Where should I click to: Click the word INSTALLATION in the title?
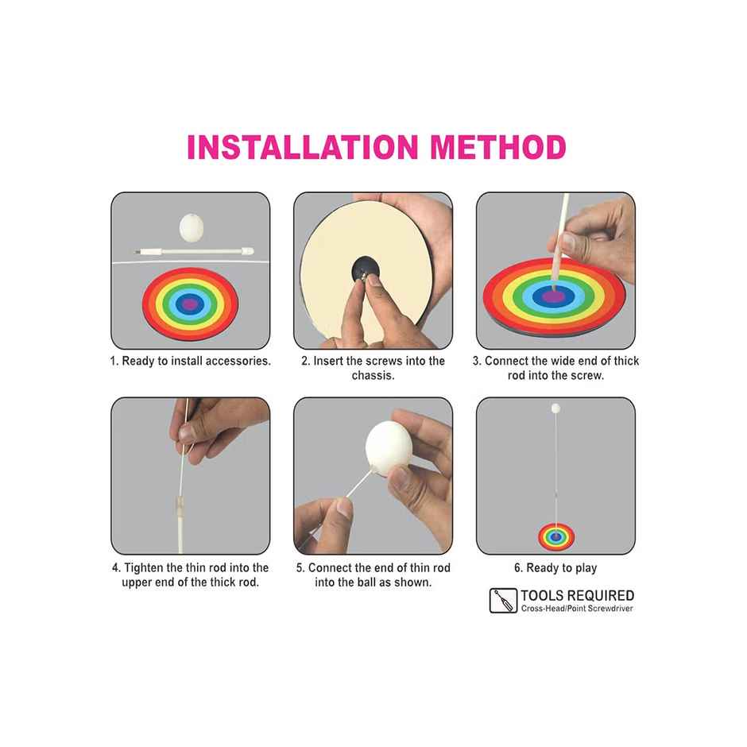point(303,147)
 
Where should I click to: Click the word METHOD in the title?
point(498,147)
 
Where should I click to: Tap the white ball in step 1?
point(192,227)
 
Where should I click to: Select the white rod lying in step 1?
point(194,250)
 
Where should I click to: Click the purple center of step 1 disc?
point(190,304)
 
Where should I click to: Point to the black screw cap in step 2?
point(366,269)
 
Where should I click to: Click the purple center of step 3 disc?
point(554,296)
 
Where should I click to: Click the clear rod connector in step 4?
point(180,506)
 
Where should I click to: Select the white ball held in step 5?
point(389,448)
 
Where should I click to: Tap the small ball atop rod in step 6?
point(555,408)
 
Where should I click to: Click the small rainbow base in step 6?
point(556,537)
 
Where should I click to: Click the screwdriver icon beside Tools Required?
point(503,600)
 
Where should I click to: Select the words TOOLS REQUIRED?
point(578,595)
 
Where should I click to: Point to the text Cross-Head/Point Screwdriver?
point(577,609)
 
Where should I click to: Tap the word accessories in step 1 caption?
point(236,361)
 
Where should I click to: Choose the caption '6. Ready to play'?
point(555,568)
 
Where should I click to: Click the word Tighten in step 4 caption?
point(144,568)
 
